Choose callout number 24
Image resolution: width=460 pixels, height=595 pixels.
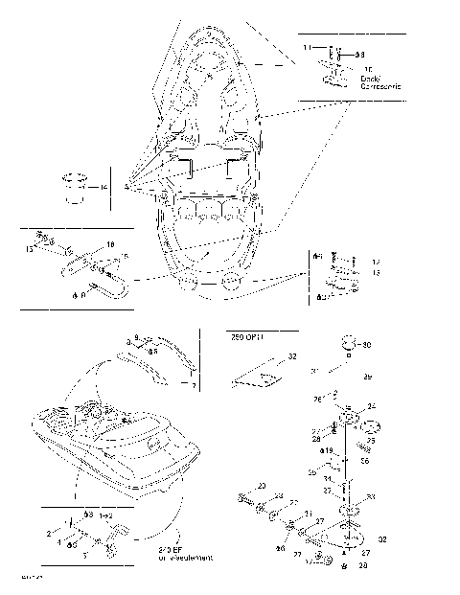pyautogui.click(x=372, y=405)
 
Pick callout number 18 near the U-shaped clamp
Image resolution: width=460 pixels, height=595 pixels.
pyautogui.click(x=109, y=244)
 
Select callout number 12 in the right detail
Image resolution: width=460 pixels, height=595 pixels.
pyautogui.click(x=376, y=261)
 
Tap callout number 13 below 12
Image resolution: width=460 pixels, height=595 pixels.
pyautogui.click(x=376, y=272)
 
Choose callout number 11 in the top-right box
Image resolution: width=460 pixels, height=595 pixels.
pyautogui.click(x=307, y=46)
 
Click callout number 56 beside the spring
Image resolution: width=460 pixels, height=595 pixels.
pyautogui.click(x=365, y=460)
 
